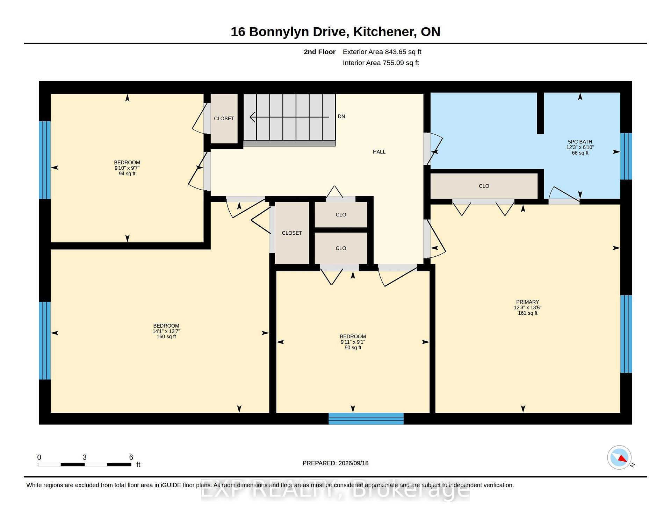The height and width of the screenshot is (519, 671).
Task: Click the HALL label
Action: tap(379, 152)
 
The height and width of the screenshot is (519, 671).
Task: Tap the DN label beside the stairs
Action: tap(341, 116)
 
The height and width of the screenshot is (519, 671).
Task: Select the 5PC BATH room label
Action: tap(580, 142)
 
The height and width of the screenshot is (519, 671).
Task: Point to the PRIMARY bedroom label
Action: tap(527, 302)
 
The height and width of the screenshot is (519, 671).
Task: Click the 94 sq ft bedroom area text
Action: tap(127, 173)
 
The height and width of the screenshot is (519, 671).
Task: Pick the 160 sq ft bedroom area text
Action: tap(166, 336)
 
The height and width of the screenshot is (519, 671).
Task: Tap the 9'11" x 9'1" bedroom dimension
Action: tap(353, 342)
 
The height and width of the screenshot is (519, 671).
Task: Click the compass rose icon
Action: tap(619, 457)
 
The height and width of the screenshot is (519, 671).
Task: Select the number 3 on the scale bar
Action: tap(84, 457)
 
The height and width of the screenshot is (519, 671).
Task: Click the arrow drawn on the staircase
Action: tap(289, 117)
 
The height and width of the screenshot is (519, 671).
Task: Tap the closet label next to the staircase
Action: tap(224, 119)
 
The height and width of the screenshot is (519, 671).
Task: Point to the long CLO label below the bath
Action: tap(484, 186)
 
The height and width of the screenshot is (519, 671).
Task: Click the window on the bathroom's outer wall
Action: tap(626, 156)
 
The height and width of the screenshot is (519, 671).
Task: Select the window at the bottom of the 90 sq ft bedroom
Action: tap(366, 419)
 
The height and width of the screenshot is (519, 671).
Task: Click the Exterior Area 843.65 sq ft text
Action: tap(382, 52)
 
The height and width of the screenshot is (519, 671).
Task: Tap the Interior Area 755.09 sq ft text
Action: tap(381, 63)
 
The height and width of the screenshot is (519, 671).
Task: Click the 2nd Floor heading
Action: tap(319, 52)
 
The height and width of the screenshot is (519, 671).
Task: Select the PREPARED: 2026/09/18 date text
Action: tap(335, 463)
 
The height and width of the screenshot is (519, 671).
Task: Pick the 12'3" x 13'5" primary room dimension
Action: tap(527, 307)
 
